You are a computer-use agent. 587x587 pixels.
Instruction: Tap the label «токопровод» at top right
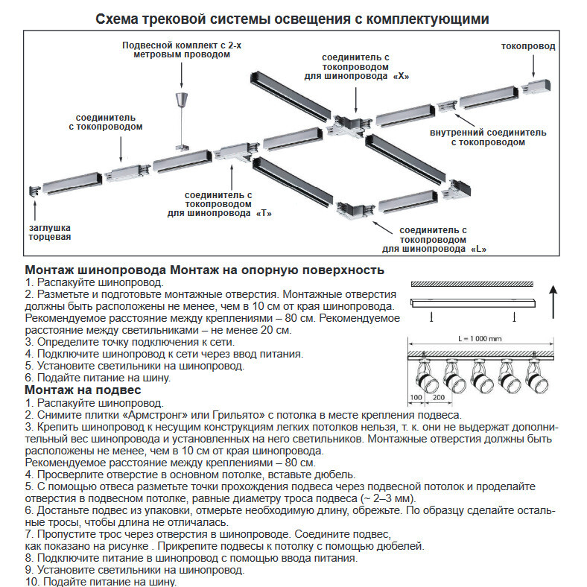pyautogui.click(x=528, y=46)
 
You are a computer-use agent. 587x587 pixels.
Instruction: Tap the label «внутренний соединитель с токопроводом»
pyautogui.click(x=488, y=137)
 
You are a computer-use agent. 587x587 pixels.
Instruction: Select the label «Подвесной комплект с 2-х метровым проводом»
pyautogui.click(x=182, y=51)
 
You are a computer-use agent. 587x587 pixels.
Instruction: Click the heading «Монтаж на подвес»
pyautogui.click(x=83, y=390)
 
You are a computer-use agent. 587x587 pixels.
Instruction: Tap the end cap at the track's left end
pyautogui.click(x=33, y=192)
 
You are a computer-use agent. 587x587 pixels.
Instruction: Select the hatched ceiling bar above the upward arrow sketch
pyautogui.click(x=472, y=284)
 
